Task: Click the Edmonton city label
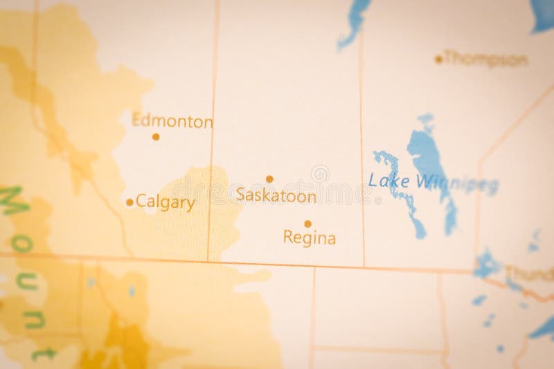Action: pos(172,121)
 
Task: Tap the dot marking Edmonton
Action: pos(156,136)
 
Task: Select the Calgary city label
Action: pos(166,202)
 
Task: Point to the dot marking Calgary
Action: pos(129,202)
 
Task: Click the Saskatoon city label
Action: pos(276,195)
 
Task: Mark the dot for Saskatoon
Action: pos(269,179)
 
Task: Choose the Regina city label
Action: pos(310,238)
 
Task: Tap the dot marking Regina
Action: pos(307,224)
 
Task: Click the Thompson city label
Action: pos(485,59)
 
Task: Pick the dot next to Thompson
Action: pos(438,60)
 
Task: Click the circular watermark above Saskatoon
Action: pos(320,173)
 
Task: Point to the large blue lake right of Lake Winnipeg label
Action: pos(432,159)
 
